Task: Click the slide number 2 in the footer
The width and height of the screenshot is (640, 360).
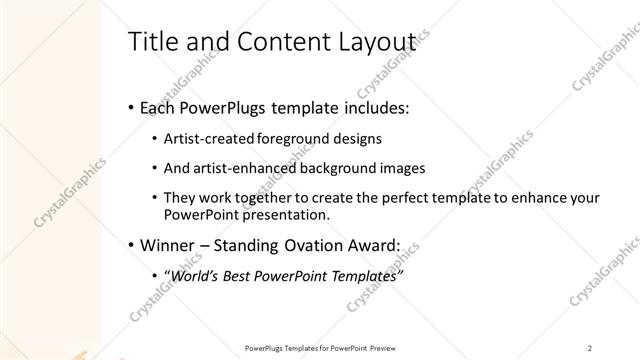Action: [x=589, y=347]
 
